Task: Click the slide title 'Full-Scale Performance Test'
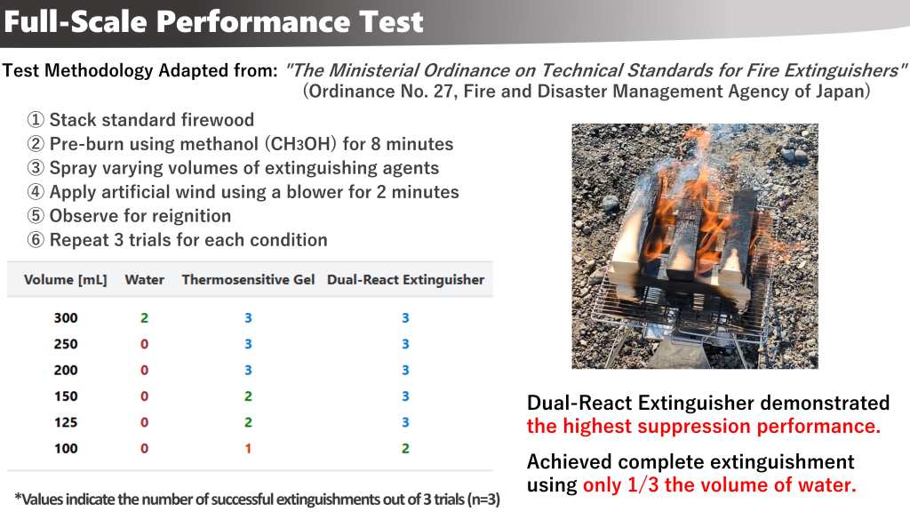[213, 21]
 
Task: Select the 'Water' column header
[145, 280]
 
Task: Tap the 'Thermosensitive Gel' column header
[248, 280]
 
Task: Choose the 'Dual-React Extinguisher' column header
[405, 280]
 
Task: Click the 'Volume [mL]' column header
[66, 280]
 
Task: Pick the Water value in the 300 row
[145, 317]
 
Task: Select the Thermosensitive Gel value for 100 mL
[248, 448]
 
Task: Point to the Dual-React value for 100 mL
[405, 448]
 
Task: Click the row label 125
[66, 422]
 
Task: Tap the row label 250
[66, 344]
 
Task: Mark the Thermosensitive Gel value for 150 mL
[248, 396]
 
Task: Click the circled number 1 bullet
[36, 120]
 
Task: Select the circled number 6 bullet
[36, 240]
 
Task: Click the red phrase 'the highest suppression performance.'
[704, 426]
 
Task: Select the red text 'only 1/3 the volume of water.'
[720, 484]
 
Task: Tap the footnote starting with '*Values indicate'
[257, 500]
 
